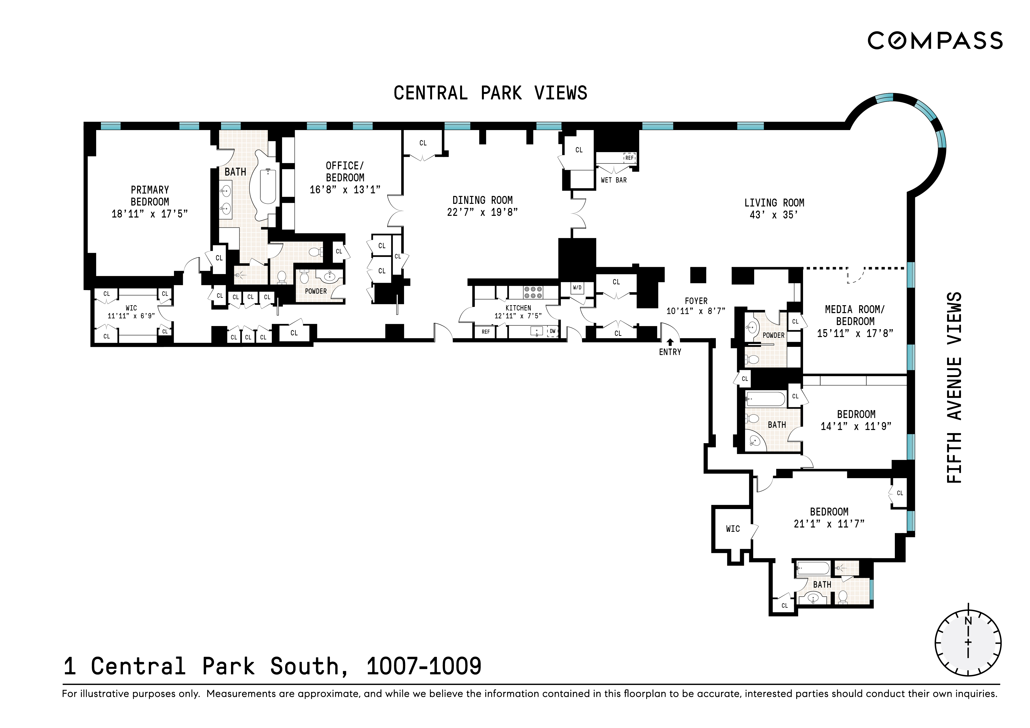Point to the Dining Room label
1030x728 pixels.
click(x=482, y=200)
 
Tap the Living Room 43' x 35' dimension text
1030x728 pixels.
click(x=774, y=215)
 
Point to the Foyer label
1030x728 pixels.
click(x=696, y=301)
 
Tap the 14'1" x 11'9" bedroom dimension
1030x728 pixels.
click(x=856, y=427)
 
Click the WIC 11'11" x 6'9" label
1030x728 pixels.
click(x=131, y=312)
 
